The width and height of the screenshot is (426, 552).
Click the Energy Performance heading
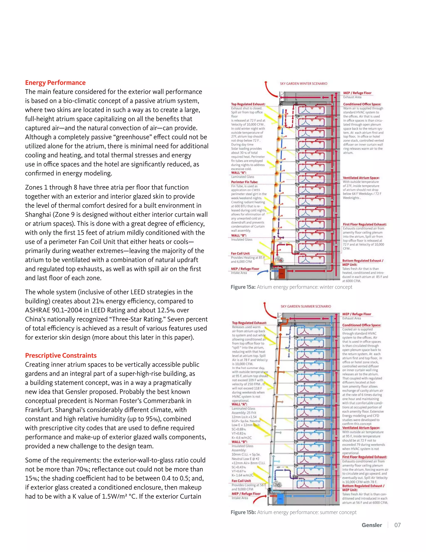tap(55, 83)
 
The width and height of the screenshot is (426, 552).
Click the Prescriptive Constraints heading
tap(61, 355)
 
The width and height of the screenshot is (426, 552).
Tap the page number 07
tap(397, 525)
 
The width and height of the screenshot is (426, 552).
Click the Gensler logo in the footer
tap(372, 525)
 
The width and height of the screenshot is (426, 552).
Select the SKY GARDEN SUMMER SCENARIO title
tap(306, 306)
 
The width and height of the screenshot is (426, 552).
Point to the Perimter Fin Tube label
tap(244, 182)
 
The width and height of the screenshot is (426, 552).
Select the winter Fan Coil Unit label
tap(240, 254)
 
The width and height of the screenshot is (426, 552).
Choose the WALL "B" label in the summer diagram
tap(239, 442)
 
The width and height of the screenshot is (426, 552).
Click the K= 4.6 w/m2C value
tap(241, 437)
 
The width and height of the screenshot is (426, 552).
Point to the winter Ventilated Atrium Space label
tap(361, 178)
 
